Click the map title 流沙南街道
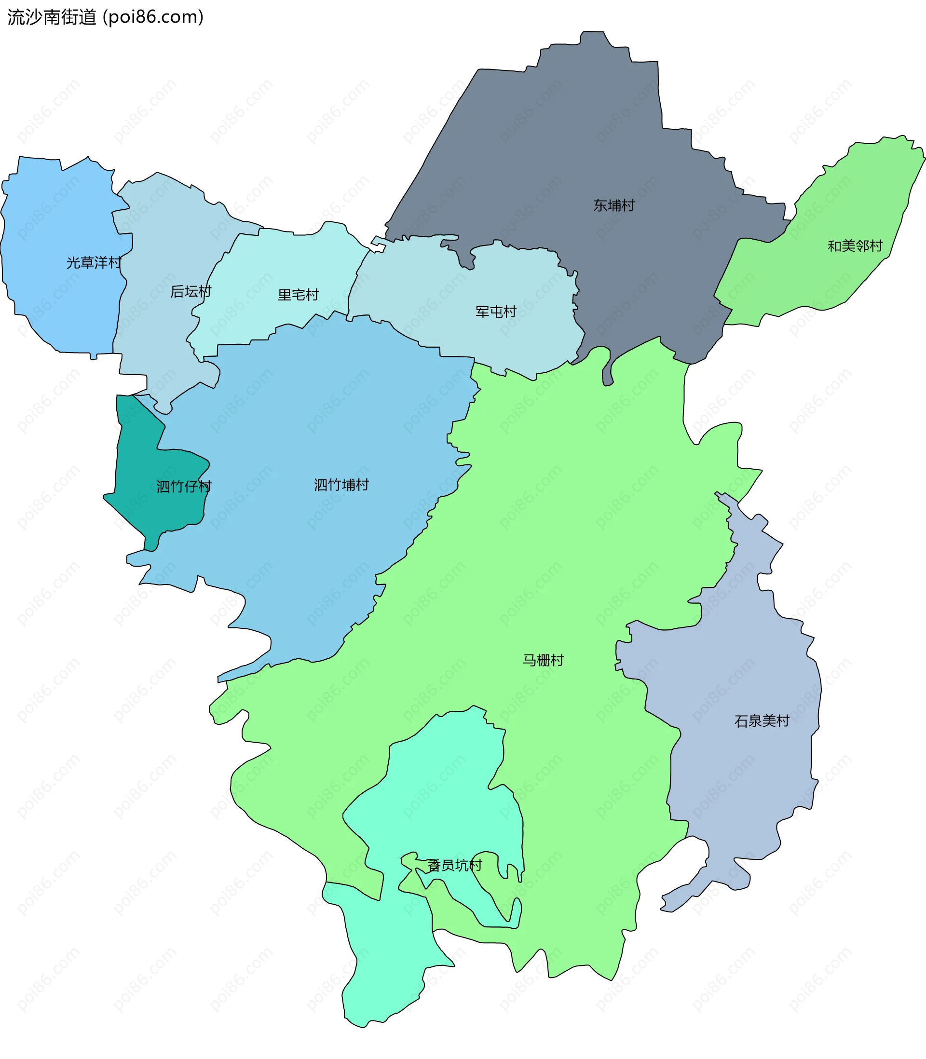pyautogui.click(x=52, y=17)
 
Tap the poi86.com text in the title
pyautogui.click(x=153, y=17)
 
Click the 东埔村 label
pyautogui.click(x=613, y=205)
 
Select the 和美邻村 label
pyautogui.click(x=855, y=246)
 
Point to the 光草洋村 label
pyautogui.click(x=94, y=263)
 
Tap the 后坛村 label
pyautogui.click(x=191, y=292)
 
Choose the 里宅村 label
pyautogui.click(x=298, y=295)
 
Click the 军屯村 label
pyautogui.click(x=496, y=312)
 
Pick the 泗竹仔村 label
pyautogui.click(x=183, y=487)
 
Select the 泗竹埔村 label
pyautogui.click(x=341, y=485)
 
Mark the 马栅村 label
pyautogui.click(x=543, y=660)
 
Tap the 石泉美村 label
pyautogui.click(x=762, y=721)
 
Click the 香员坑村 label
pyautogui.click(x=454, y=865)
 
